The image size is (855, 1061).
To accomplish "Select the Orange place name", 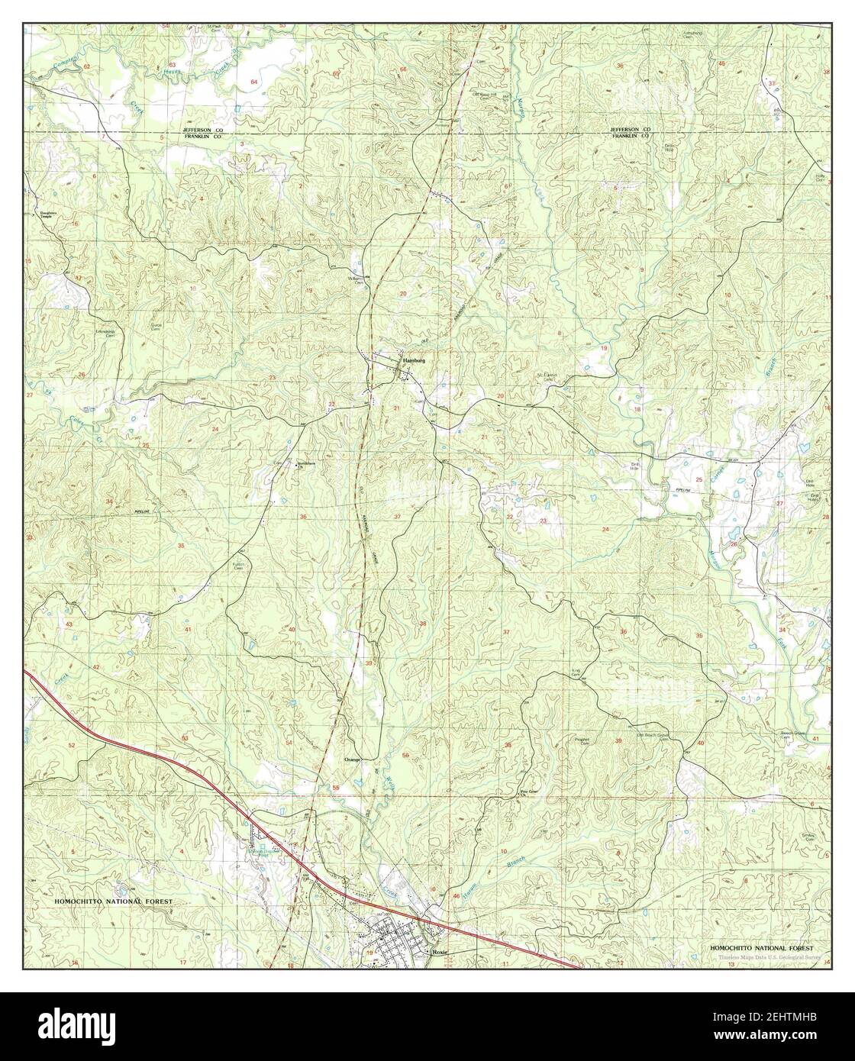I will tap(351, 760).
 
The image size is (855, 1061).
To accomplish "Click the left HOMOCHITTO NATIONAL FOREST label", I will tap(114, 901).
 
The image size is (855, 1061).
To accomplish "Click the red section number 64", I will tap(254, 81).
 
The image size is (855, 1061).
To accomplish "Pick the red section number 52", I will tap(72, 744).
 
